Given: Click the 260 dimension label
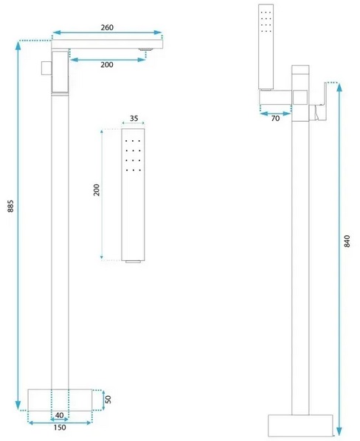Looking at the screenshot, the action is tap(107, 27).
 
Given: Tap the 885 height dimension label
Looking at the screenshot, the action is tap(10, 206).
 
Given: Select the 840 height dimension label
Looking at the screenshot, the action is tap(347, 241).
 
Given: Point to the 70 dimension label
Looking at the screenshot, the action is tap(275, 119).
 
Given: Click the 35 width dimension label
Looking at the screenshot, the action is tap(134, 118).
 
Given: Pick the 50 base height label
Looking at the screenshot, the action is tap(108, 399).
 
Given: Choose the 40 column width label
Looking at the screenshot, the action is tap(59, 415).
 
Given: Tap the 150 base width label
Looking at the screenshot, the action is tap(60, 428).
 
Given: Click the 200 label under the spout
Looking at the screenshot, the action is tap(107, 65).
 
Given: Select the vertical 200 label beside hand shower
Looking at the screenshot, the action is tap(97, 190).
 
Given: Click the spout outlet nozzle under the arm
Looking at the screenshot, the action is tap(145, 50).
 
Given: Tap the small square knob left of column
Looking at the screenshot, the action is tap(46, 68).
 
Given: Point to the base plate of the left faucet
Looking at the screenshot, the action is tap(60, 400).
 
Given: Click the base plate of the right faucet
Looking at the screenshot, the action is tap(300, 426).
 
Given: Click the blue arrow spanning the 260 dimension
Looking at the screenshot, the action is tap(107, 32).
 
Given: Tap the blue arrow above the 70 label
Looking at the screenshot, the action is tap(275, 114).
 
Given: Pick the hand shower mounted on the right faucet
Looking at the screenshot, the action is tap(266, 46).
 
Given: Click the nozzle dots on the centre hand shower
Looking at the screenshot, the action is tap(133, 156).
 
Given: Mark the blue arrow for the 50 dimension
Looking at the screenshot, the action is tap(103, 400).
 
